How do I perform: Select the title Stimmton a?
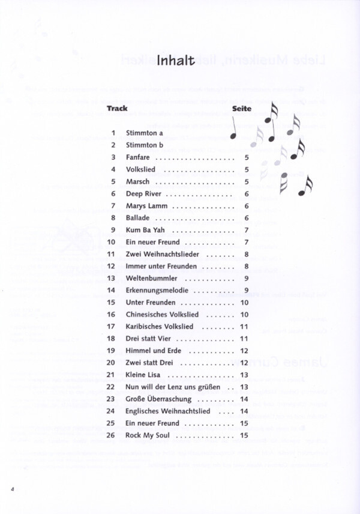pos(145,133)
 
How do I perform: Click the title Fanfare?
pos(138,157)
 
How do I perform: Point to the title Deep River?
pos(143,194)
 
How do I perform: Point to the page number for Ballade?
pos(247,218)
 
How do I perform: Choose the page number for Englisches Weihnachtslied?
pos(244,411)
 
